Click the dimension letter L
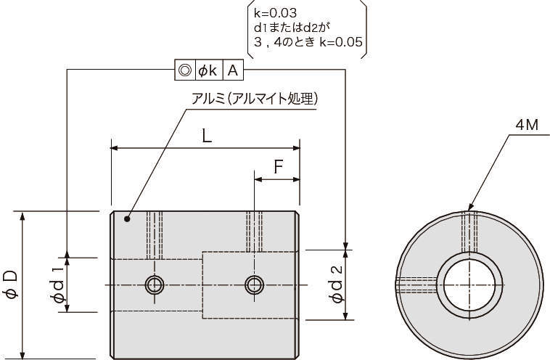point(208,136)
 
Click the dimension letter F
point(278,167)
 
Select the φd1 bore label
point(57,285)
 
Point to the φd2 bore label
point(336,284)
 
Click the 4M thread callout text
point(527,125)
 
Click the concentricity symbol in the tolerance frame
point(185,70)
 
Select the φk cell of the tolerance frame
point(208,70)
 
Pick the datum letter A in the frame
point(233,70)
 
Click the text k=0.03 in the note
point(275,13)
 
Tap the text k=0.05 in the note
point(340,42)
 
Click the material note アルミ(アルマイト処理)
point(254,99)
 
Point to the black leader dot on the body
point(127,219)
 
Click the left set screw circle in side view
point(155,285)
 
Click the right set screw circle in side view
point(254,285)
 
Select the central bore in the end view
point(469,285)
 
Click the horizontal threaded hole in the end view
point(416,285)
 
